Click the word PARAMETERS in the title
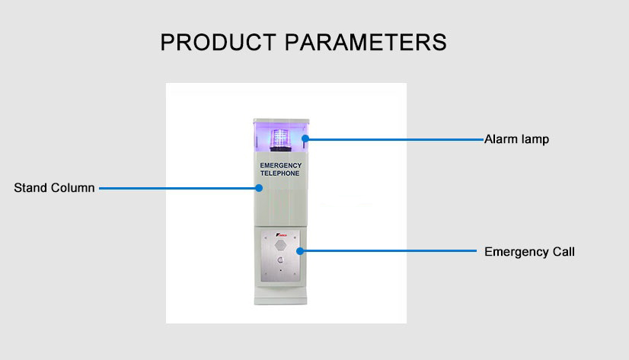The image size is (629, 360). click(366, 43)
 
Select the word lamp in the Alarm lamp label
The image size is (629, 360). click(535, 139)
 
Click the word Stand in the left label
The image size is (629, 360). click(30, 188)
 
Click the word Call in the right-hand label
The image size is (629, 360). click(564, 252)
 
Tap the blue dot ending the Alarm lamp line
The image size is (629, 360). click(305, 139)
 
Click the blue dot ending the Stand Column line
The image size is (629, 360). click(259, 188)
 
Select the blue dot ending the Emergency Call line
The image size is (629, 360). click(300, 251)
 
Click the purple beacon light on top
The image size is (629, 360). click(280, 138)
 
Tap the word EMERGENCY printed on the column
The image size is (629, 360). click(281, 166)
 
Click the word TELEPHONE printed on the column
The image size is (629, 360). click(280, 174)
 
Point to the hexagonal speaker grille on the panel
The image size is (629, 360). click(280, 245)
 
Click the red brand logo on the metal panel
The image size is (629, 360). click(281, 234)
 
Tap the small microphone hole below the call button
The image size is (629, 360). click(280, 270)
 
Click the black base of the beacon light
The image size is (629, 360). click(280, 149)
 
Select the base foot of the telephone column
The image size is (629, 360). click(280, 301)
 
